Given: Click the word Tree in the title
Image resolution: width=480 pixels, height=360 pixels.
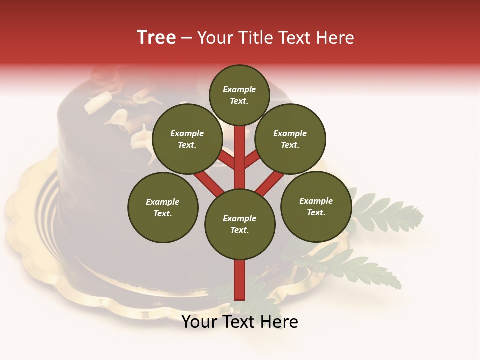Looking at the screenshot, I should [156, 38].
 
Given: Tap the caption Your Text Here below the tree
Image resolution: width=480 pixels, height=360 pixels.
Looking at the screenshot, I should [240, 322].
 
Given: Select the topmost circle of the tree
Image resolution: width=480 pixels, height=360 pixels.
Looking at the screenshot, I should [239, 95].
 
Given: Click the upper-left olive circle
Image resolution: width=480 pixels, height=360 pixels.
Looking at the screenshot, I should [187, 139].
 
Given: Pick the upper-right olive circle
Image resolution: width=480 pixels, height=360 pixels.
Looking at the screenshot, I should [290, 139].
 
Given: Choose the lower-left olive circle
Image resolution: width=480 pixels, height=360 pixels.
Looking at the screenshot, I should [163, 207].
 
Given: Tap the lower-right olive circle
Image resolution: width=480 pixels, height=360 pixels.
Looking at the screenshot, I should [316, 207].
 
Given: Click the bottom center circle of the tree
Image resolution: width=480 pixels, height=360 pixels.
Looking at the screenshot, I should [240, 224].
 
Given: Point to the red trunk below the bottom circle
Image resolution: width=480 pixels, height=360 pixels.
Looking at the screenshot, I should [240, 280].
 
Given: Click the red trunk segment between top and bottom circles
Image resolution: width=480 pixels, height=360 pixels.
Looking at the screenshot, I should [240, 157].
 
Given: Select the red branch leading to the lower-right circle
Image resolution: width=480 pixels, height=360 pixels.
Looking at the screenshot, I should [270, 183].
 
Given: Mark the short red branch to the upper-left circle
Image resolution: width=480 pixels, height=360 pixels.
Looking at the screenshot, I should [226, 160].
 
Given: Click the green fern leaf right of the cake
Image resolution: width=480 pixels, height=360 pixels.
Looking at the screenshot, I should [390, 215].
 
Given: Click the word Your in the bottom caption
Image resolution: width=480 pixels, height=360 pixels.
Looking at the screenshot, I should [199, 322].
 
